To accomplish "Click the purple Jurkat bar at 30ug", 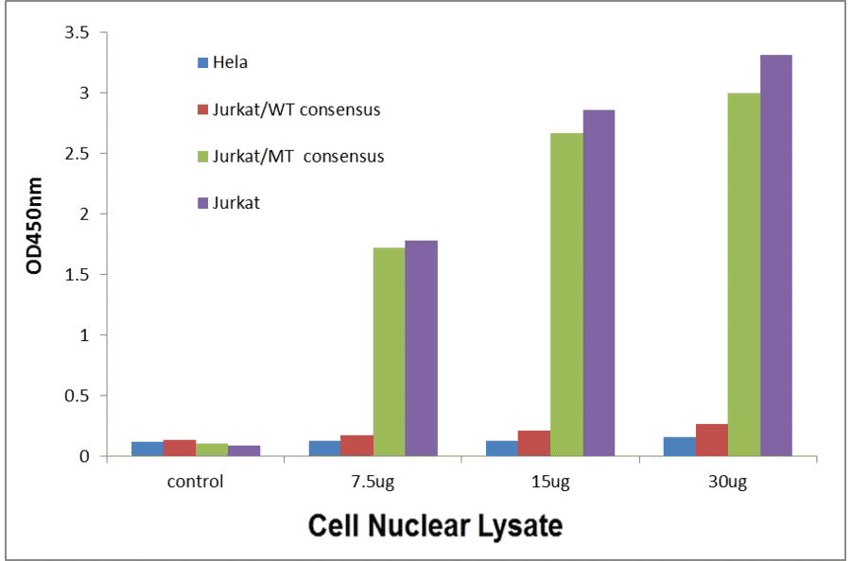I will pyautogui.click(x=776, y=255).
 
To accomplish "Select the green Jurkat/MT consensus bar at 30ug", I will pyautogui.click(x=744, y=274).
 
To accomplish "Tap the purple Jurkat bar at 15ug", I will pyautogui.click(x=599, y=283).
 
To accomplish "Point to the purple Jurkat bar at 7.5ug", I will pyautogui.click(x=421, y=348).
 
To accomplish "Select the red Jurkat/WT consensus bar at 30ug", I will pyautogui.click(x=712, y=440).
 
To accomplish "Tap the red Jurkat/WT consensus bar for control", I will pyautogui.click(x=179, y=448).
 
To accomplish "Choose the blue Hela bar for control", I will pyautogui.click(x=147, y=449).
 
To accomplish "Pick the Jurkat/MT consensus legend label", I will pyautogui.click(x=300, y=156).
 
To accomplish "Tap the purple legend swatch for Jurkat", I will pyautogui.click(x=202, y=202).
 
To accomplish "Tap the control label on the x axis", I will pyautogui.click(x=195, y=482).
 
